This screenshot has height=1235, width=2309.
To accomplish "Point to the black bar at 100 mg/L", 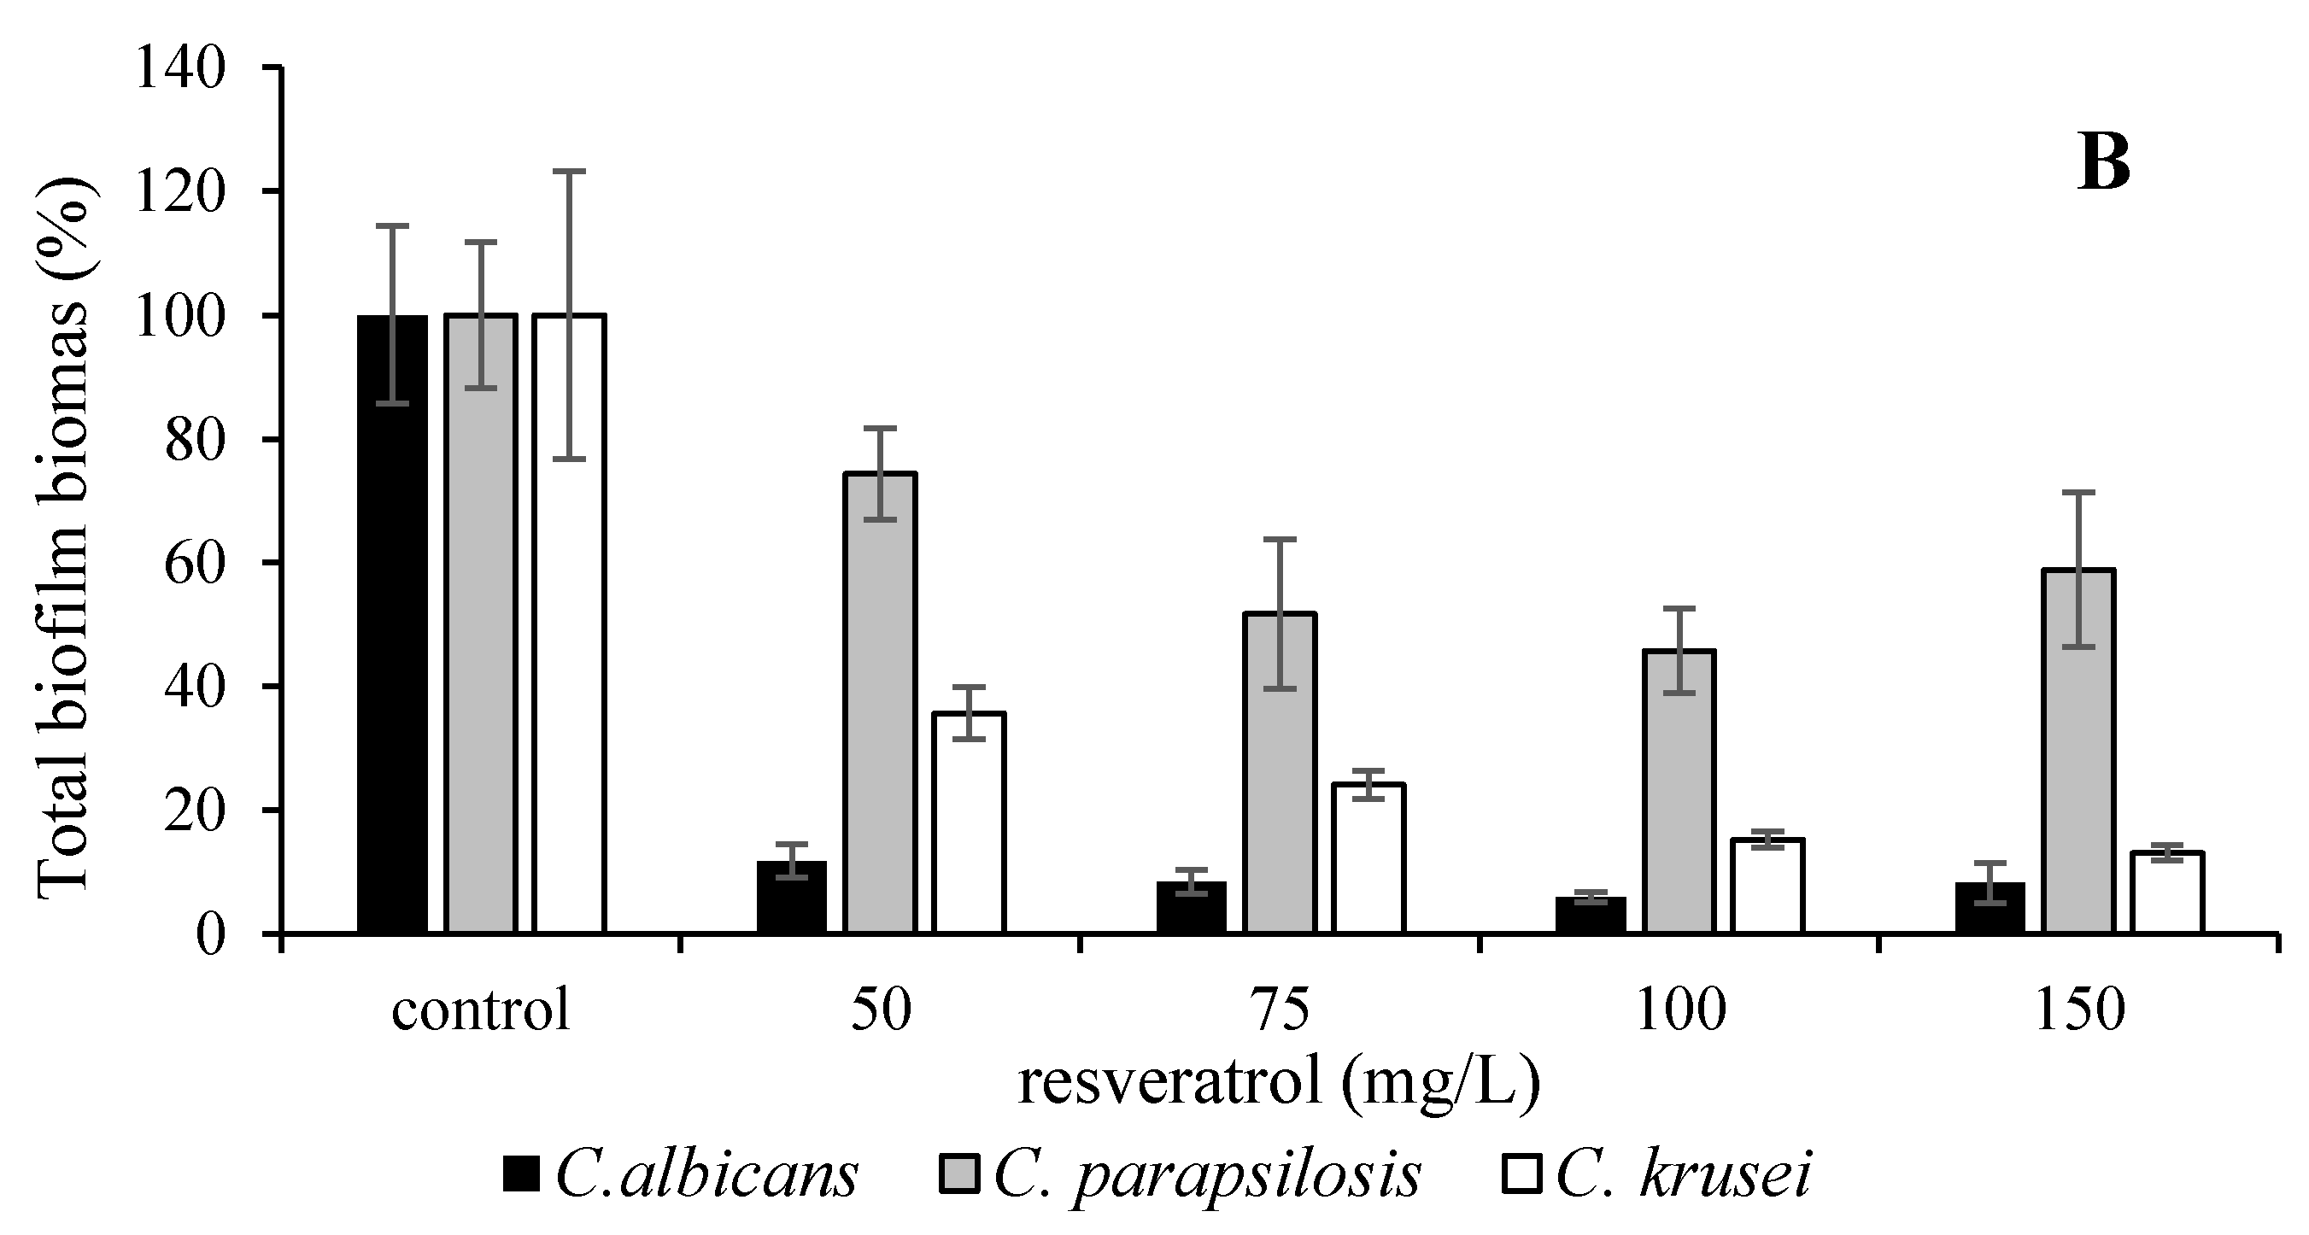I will tap(1591, 915).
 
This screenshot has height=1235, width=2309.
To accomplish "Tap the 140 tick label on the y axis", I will tap(179, 68).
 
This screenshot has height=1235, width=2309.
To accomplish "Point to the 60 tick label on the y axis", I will tap(195, 563).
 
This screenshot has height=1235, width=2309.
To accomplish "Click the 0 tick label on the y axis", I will tap(211, 934).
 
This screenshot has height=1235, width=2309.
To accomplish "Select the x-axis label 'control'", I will tap(480, 1010).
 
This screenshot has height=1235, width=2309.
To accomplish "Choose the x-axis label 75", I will tap(1280, 1010).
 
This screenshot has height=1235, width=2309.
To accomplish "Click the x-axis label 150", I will tap(2079, 1010).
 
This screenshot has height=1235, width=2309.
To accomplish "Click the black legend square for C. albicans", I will tap(521, 1174).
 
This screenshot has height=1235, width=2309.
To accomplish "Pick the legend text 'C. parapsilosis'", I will tap(1206, 1174).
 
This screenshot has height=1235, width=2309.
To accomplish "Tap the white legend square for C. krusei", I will tap(1521, 1174).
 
